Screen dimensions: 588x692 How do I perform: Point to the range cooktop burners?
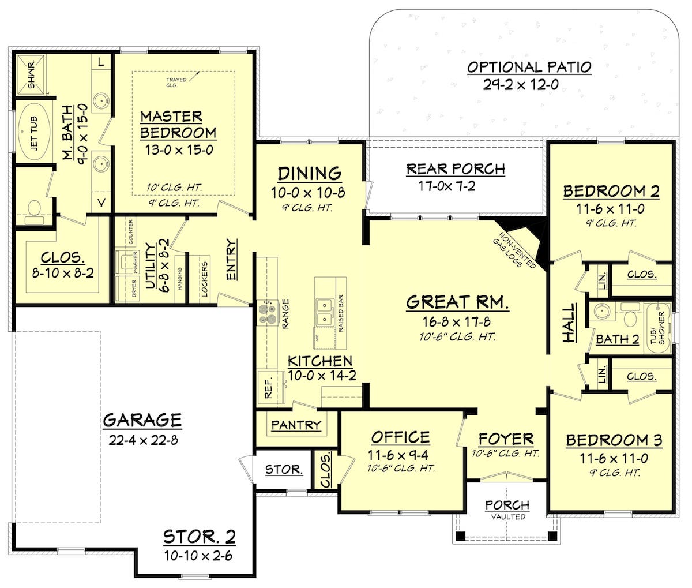point(268,312)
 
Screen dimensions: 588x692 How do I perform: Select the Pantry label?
point(296,425)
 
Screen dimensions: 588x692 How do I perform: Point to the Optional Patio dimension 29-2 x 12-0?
point(529,85)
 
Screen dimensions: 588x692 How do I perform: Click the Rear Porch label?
point(455,169)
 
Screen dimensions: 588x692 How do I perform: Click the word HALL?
point(569,323)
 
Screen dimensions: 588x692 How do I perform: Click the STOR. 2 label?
point(200,537)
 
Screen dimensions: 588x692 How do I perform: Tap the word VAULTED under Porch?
point(507,517)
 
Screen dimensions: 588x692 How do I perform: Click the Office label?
point(400,437)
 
